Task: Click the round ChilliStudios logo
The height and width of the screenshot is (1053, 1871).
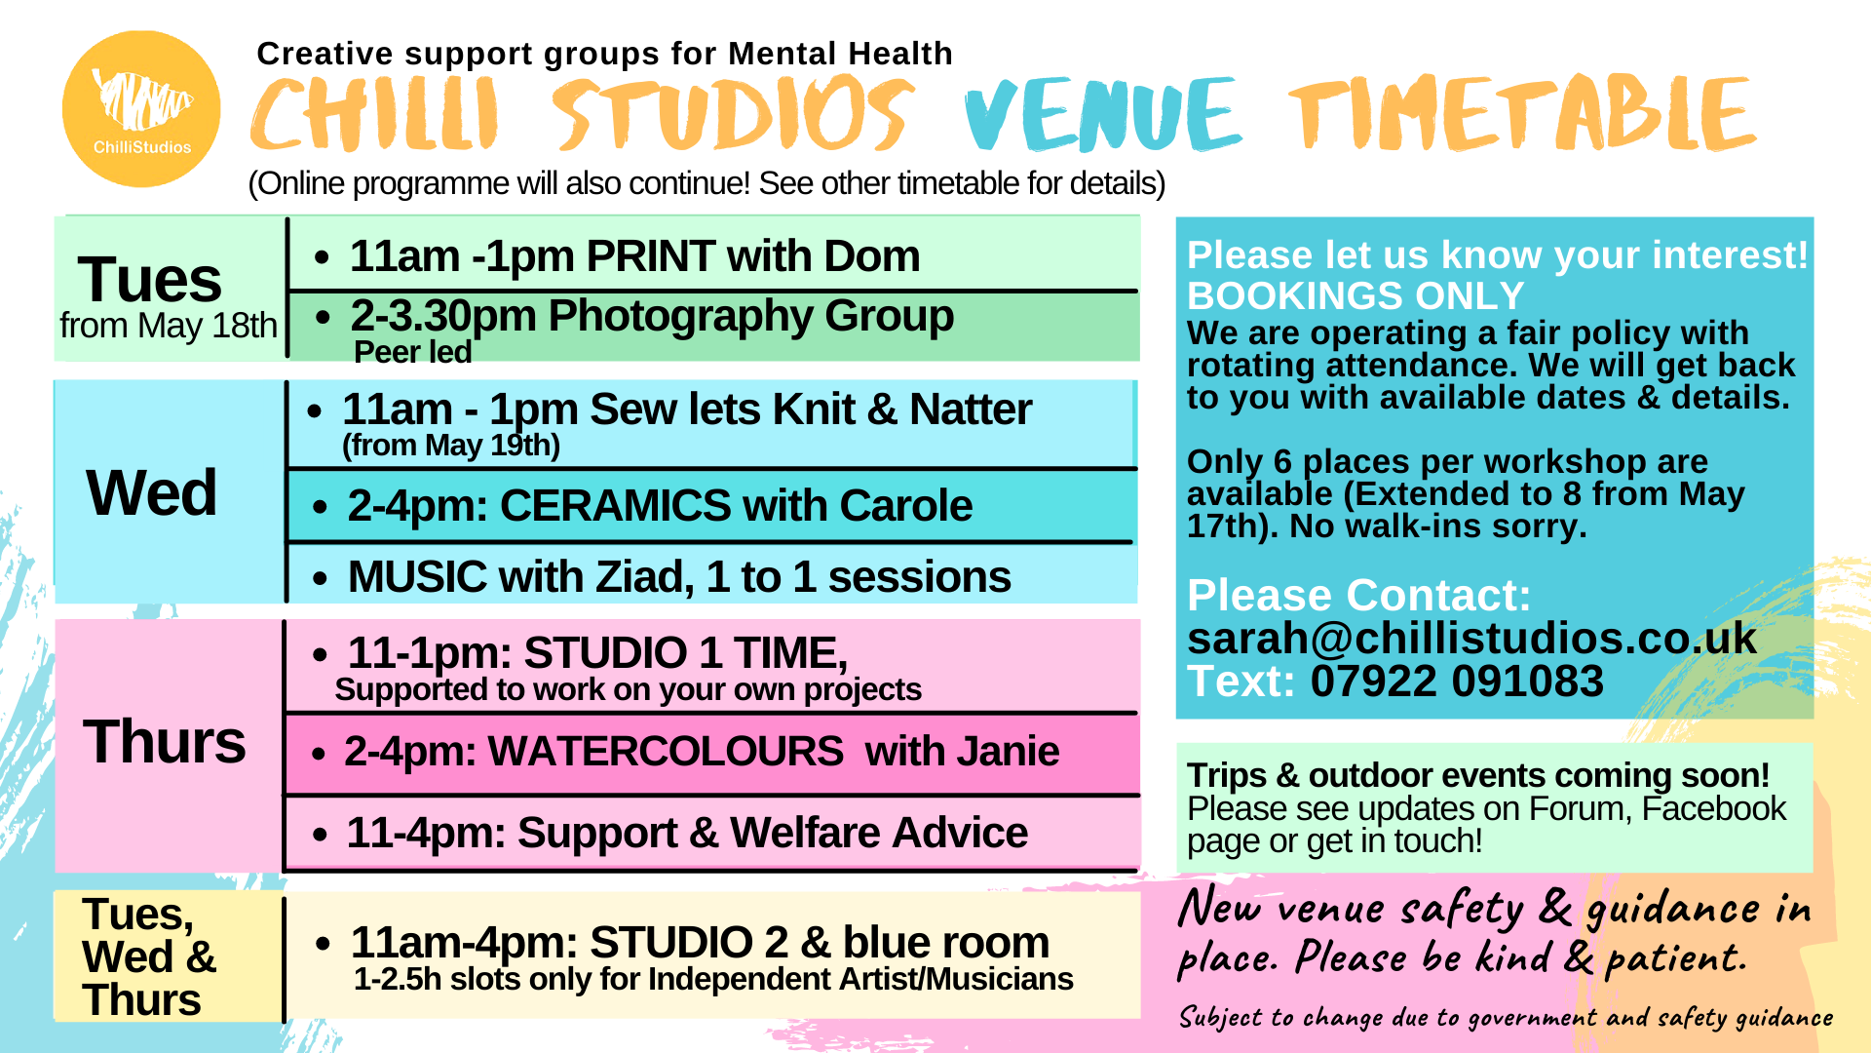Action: pyautogui.click(x=141, y=108)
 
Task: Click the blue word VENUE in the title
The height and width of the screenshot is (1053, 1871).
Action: pyautogui.click(x=1103, y=114)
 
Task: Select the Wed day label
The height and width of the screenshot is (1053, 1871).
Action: pyautogui.click(x=151, y=492)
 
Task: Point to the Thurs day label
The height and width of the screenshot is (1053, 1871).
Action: pyautogui.click(x=165, y=741)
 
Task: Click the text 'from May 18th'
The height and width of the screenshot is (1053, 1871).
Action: pyautogui.click(x=169, y=326)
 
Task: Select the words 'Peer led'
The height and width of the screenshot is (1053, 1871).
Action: pyautogui.click(x=413, y=352)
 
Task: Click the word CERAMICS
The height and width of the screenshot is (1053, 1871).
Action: pyautogui.click(x=616, y=506)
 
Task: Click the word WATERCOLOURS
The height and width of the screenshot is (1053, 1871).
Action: pyautogui.click(x=667, y=752)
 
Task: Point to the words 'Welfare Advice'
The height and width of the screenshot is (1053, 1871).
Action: pyautogui.click(x=879, y=834)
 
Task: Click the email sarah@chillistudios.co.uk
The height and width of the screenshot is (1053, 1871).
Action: pyautogui.click(x=1472, y=638)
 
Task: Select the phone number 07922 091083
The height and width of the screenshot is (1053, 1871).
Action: pyautogui.click(x=1457, y=681)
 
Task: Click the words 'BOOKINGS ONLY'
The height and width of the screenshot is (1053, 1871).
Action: pyautogui.click(x=1356, y=295)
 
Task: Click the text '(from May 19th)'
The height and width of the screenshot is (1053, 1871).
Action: pyautogui.click(x=451, y=446)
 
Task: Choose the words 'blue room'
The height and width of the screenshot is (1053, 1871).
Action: pyautogui.click(x=946, y=943)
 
